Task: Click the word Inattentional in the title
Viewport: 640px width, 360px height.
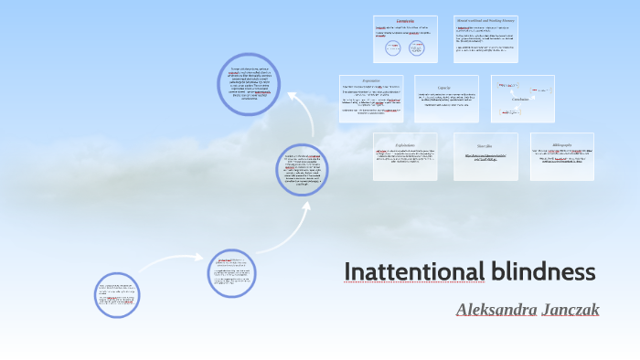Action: click(413, 272)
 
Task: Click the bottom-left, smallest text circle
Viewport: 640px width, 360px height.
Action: click(117, 295)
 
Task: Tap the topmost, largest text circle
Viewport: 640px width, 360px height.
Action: click(248, 83)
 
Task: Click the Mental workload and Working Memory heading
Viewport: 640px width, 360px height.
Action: click(486, 19)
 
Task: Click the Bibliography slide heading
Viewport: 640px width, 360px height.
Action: click(561, 145)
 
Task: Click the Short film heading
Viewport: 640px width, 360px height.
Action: click(485, 144)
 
